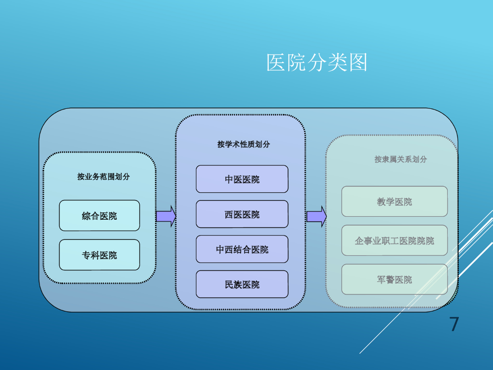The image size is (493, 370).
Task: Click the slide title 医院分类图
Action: point(317,63)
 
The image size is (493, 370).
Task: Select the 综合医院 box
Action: point(99,216)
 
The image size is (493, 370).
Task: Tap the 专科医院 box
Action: point(99,255)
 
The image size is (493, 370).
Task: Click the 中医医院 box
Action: point(242,179)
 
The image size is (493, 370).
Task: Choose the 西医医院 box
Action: point(242,214)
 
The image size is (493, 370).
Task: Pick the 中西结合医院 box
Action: point(242,250)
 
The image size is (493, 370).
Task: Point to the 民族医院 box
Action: point(242,284)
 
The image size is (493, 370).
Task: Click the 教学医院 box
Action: point(394,201)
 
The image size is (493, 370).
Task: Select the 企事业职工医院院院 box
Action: point(394,240)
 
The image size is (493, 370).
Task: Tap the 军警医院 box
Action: point(394,279)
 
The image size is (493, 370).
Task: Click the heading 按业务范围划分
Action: point(104,176)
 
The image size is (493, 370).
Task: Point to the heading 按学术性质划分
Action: point(244,144)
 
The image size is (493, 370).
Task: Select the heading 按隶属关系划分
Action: point(401,159)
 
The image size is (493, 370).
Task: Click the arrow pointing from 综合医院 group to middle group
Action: point(166,216)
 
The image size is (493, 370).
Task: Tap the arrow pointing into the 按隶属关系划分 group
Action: point(316,216)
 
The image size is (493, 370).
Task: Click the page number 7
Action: point(454,324)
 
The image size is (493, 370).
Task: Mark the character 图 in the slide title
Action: point(358,63)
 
